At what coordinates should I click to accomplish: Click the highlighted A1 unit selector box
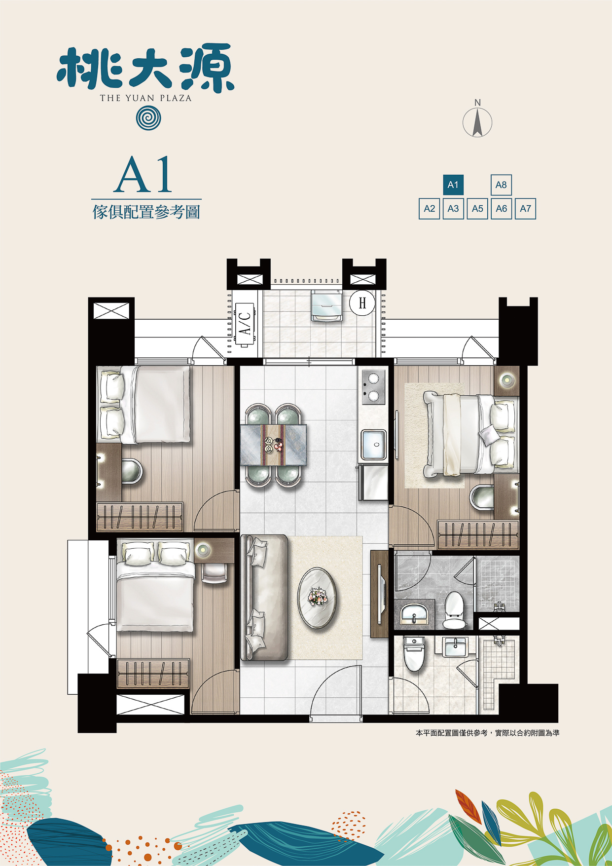(x=453, y=185)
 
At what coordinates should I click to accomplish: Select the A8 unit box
(x=501, y=185)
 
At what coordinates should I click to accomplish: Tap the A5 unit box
(x=477, y=209)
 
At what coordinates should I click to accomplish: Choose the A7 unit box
(x=525, y=209)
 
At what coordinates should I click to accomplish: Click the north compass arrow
(x=477, y=123)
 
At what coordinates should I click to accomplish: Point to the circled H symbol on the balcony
(x=362, y=302)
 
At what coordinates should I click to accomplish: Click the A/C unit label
(x=245, y=323)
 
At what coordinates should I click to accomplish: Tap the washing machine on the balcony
(x=326, y=306)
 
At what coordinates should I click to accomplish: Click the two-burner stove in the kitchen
(x=373, y=387)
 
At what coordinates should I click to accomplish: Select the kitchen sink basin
(x=374, y=445)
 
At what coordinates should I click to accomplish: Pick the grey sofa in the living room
(x=264, y=598)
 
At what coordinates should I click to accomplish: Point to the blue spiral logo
(x=148, y=118)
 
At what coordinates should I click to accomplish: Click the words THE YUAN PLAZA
(x=145, y=98)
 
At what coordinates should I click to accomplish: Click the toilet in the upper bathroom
(x=454, y=611)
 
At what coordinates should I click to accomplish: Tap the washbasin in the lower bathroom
(x=455, y=647)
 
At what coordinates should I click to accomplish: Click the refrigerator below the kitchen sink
(x=373, y=482)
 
